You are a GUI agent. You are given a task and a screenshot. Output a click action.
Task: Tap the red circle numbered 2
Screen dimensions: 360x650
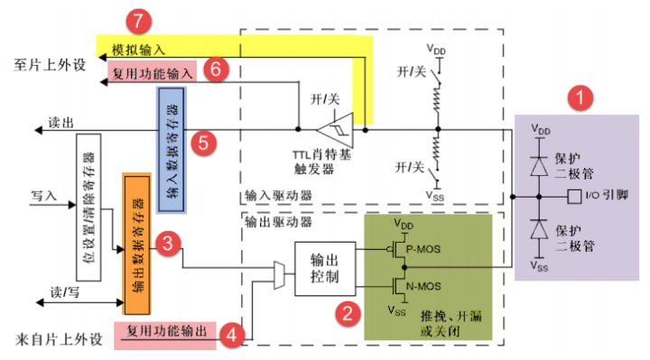click(344, 314)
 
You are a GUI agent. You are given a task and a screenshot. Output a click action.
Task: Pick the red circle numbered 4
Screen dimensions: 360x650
click(234, 335)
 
